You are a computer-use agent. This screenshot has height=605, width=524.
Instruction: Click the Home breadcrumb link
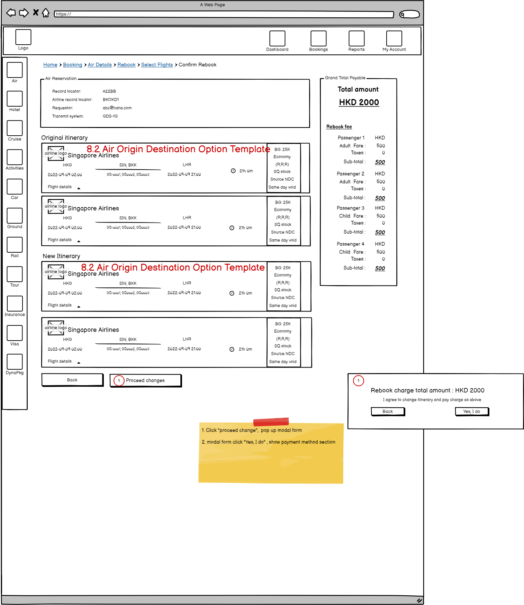(50, 65)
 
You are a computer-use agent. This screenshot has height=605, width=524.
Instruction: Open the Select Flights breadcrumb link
(157, 65)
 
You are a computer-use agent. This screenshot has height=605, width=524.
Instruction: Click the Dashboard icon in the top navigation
(277, 38)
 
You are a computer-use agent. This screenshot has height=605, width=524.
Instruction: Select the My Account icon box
(394, 38)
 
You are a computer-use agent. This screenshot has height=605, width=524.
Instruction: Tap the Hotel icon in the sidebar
(15, 99)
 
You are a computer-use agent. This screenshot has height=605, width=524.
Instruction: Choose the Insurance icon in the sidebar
(15, 304)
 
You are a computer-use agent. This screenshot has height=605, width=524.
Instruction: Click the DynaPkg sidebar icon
(15, 362)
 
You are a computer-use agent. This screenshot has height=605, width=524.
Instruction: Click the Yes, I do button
(471, 412)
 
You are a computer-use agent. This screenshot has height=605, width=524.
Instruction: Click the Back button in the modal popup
(388, 412)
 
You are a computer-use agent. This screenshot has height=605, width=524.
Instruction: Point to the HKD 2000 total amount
(359, 102)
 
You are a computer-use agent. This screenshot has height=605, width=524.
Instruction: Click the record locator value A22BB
(109, 91)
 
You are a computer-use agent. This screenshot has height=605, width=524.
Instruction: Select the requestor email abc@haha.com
(117, 108)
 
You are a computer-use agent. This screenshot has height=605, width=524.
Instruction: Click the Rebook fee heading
(339, 127)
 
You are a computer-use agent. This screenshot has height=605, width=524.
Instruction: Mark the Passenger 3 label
(350, 208)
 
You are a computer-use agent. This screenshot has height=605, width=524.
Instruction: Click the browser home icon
(46, 13)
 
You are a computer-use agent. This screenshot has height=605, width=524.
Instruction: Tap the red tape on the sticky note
(271, 422)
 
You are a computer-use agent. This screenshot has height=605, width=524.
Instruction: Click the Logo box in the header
(23, 37)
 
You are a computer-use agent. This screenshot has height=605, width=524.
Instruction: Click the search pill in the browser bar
(409, 14)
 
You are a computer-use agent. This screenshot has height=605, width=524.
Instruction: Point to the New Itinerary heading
(61, 256)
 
